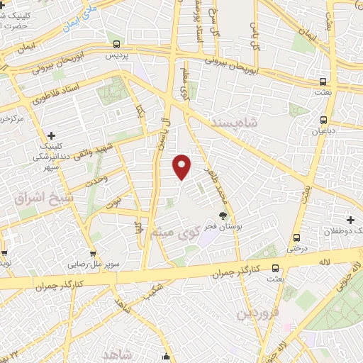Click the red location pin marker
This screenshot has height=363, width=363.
click(x=183, y=166)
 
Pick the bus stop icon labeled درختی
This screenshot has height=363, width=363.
click(x=296, y=238)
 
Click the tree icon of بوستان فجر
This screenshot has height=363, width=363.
click(x=223, y=216)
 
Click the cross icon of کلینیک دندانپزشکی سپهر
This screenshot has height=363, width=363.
click(x=51, y=135)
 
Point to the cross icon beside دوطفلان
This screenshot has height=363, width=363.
click(x=351, y=220)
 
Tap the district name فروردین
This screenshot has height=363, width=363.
click(x=259, y=311)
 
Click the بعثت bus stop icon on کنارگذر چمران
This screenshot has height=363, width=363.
click(x=275, y=269)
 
